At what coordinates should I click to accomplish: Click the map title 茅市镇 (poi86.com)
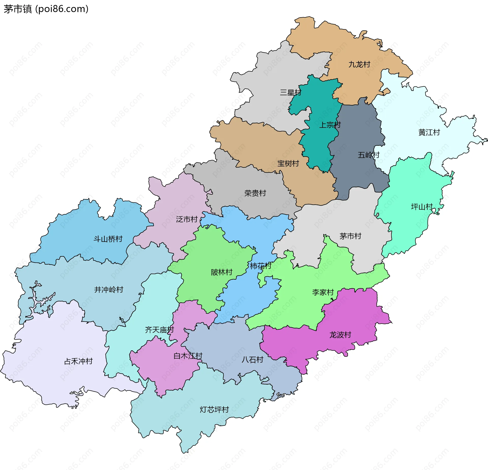[46, 9]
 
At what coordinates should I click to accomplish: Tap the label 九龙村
[359, 65]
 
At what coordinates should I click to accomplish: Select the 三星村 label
[291, 92]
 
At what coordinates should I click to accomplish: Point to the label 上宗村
[330, 125]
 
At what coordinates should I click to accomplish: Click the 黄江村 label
[429, 132]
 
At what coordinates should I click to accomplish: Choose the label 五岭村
[369, 155]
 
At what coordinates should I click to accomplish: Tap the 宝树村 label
[288, 164]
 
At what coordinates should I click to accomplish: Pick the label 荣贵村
[255, 193]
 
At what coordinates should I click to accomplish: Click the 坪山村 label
[422, 207]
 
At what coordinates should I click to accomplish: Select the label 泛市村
[187, 219]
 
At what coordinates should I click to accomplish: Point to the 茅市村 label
[350, 236]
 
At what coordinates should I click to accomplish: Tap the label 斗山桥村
[108, 239]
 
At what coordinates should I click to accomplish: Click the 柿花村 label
[261, 266]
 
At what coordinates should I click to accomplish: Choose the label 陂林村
[222, 272]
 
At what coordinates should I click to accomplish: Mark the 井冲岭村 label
[109, 290]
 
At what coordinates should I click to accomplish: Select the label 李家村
[323, 292]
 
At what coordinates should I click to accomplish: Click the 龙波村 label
[340, 335]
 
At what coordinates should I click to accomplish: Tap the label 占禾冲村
[78, 361]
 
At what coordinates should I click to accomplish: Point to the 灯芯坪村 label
[214, 410]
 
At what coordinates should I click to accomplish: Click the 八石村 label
[252, 360]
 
